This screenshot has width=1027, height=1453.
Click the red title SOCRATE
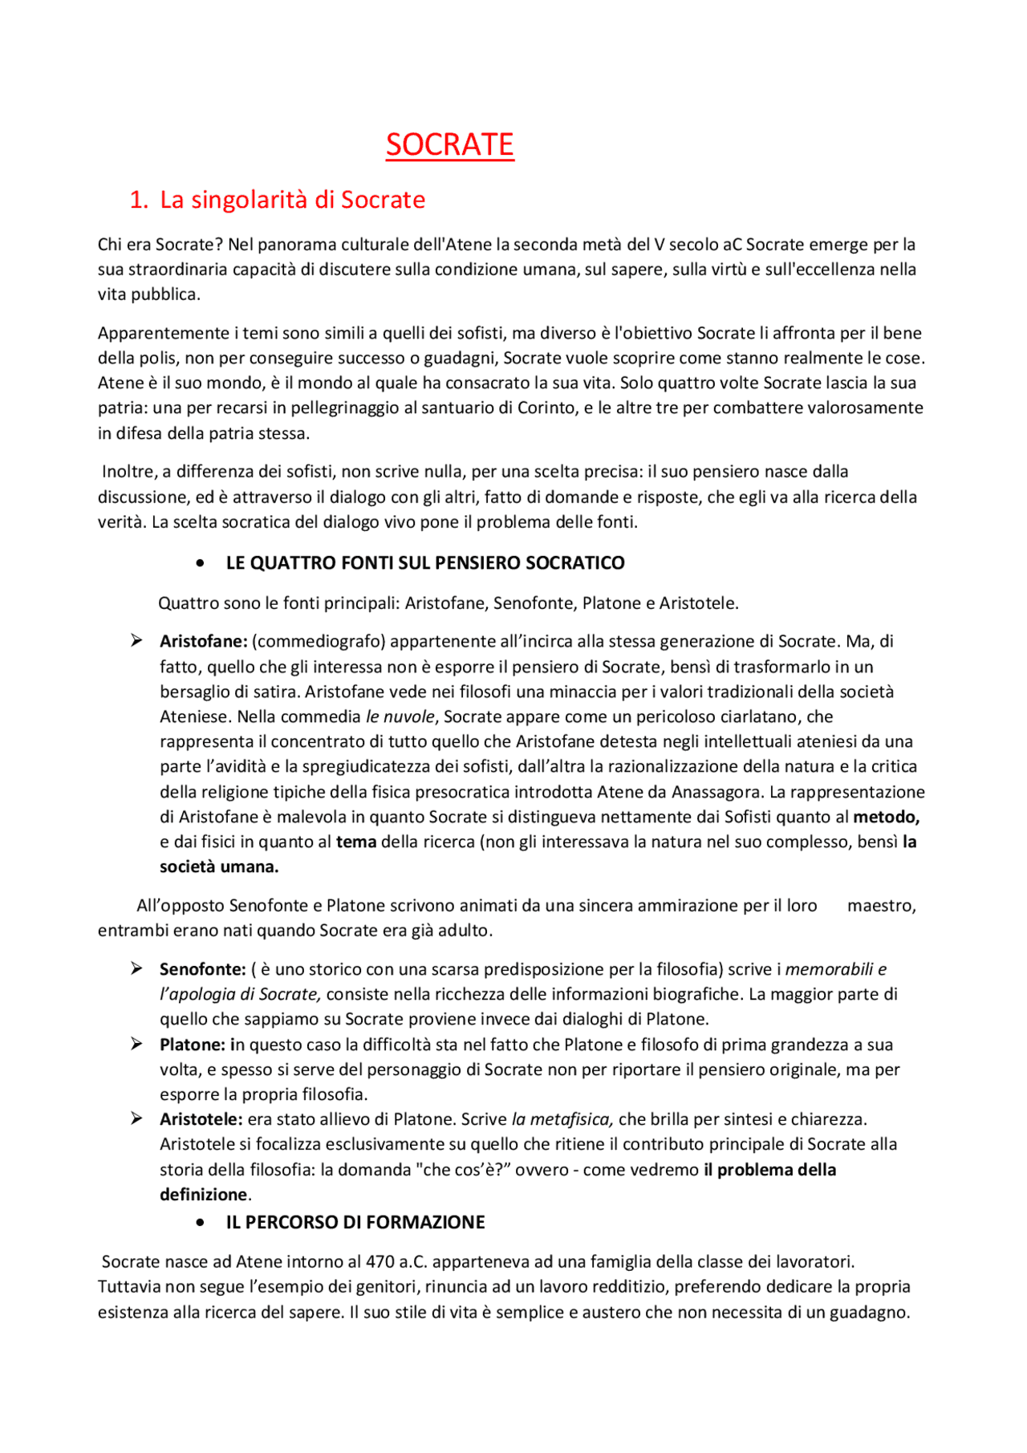449,144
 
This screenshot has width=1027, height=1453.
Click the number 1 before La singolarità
137,200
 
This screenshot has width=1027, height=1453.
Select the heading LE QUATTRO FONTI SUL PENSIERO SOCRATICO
425,562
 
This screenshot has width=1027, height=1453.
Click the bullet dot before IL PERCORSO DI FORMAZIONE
200,1223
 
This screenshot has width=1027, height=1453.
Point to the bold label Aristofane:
203,641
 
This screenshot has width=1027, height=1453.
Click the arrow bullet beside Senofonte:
136,968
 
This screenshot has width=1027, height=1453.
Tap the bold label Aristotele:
201,1118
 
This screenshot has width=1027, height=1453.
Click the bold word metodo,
886,817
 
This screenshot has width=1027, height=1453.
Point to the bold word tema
356,842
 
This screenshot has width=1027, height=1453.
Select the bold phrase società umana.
219,867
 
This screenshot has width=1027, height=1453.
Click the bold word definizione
204,1194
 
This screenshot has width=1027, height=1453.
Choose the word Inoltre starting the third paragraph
129,471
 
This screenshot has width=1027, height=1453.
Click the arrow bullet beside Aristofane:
136,640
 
